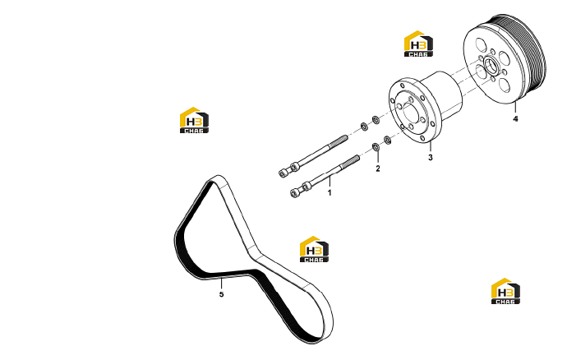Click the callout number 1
coord(330,193)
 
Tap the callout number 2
coord(378,168)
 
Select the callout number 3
coord(431,158)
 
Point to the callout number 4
coord(516,118)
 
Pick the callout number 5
coord(221,294)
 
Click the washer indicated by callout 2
coord(376,147)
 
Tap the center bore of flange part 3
coord(411,113)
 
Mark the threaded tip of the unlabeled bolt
coord(341,140)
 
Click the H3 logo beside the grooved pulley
coord(418,44)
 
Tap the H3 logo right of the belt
coord(314,249)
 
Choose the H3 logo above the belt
coord(194,120)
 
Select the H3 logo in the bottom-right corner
coord(505,291)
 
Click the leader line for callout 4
coord(516,108)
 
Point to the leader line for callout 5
coord(221,284)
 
